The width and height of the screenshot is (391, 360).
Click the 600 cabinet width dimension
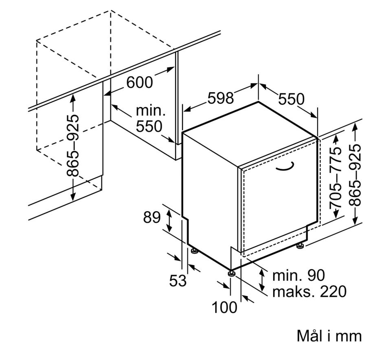(139, 82)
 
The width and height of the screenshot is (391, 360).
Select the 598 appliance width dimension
(221, 98)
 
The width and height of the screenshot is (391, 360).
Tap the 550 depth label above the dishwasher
(291, 99)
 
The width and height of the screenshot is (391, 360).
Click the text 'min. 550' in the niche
(151, 118)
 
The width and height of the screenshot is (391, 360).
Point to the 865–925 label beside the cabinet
(73, 146)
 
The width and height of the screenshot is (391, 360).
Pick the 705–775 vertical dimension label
(335, 177)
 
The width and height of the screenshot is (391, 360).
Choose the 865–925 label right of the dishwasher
(355, 175)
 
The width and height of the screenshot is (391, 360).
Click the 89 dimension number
(152, 217)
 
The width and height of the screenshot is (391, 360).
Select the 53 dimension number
(178, 280)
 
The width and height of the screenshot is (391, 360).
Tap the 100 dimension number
(224, 307)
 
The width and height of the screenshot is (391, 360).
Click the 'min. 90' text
(299, 275)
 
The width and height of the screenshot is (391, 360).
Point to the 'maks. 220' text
(310, 292)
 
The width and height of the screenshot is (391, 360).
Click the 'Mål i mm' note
(329, 336)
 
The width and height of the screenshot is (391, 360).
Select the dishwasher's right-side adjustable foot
(300, 245)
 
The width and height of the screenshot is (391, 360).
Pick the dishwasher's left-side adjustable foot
(194, 251)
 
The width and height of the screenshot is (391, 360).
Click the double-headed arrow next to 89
(169, 221)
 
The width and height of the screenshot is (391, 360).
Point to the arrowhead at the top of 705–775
(336, 138)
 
